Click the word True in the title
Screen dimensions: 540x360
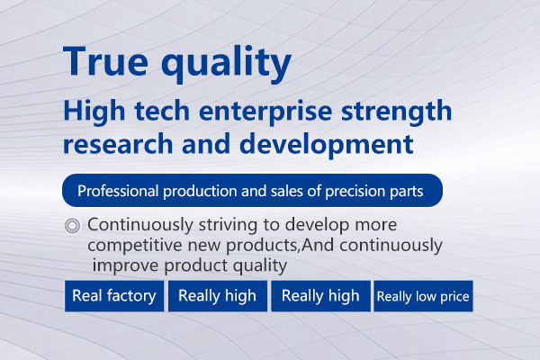coord(105,61)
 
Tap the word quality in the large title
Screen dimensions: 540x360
coord(226,65)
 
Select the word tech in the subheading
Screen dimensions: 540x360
coord(162,111)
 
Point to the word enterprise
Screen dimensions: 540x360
coord(265,112)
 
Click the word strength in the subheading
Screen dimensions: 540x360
coord(396,112)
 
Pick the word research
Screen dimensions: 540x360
coord(118,144)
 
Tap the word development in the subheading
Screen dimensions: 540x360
coord(327,145)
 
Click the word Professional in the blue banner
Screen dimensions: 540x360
coord(118,191)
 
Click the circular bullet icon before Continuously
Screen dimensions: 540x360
coord(72,226)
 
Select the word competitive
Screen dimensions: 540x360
coord(135,246)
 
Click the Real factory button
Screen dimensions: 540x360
coord(114,296)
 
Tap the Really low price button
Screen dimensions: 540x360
coord(423,296)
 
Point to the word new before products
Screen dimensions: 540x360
coord(204,246)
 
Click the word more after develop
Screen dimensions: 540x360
coord(375,226)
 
